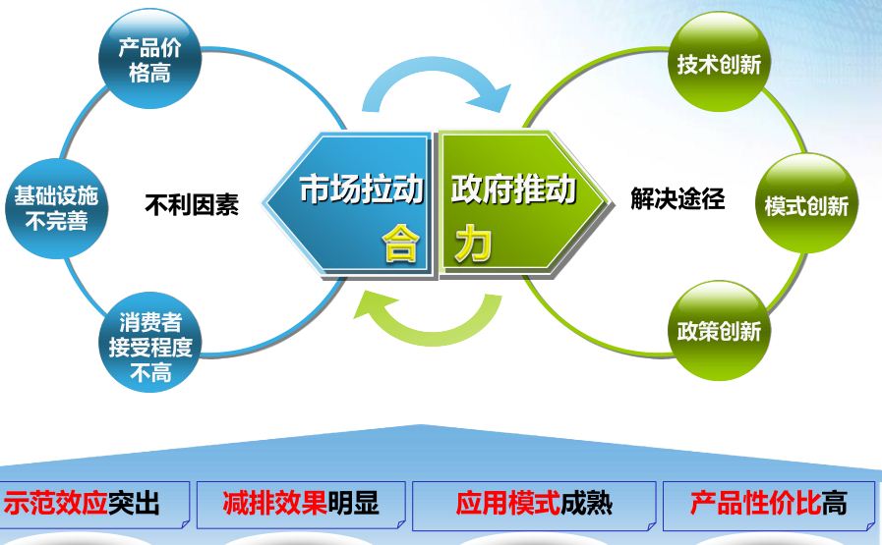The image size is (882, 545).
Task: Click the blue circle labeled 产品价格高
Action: click(149, 59)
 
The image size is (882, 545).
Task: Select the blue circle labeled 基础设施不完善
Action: click(56, 208)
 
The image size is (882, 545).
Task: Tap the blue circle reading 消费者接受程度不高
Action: click(150, 342)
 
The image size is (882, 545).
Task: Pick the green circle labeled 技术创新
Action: click(719, 62)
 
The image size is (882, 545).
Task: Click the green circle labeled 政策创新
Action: click(719, 330)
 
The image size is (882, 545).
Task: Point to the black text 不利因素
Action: click(192, 204)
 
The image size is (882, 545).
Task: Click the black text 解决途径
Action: click(677, 198)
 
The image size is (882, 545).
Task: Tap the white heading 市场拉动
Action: click(362, 189)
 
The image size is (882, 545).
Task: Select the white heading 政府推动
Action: click(513, 189)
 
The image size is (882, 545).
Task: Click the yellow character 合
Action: click(400, 244)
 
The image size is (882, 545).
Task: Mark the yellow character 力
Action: click(474, 244)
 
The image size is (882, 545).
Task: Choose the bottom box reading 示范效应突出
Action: click(94, 505)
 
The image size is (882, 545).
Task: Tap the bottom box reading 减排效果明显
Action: click(301, 505)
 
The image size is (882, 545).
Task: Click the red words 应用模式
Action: click(508, 503)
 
